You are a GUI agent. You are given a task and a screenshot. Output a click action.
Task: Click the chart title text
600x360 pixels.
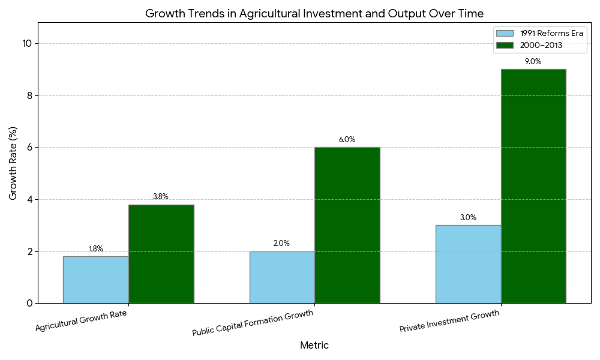tap(314, 13)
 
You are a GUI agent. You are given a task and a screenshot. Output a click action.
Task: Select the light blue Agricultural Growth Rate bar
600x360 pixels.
tap(95, 280)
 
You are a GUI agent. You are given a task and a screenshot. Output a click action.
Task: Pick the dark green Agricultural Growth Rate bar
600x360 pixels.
tap(161, 254)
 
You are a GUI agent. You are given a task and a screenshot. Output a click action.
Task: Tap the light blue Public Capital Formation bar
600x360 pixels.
tap(282, 277)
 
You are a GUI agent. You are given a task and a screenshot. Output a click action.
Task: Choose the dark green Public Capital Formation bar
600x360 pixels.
tap(347, 225)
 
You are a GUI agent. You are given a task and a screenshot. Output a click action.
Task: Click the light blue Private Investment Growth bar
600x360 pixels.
tap(468, 264)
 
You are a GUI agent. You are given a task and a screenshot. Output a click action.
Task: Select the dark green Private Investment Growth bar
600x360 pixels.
tap(533, 186)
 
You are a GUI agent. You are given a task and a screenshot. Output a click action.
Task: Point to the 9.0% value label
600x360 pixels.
tap(533, 62)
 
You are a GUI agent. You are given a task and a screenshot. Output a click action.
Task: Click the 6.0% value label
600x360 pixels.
tap(347, 140)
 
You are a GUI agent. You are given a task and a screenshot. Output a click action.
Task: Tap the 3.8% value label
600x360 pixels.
tap(161, 197)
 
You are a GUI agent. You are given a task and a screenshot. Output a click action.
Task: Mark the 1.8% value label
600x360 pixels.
tap(96, 249)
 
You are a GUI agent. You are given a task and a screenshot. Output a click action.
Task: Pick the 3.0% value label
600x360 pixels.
tap(468, 218)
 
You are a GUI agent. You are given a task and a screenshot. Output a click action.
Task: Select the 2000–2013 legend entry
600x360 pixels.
tap(537, 46)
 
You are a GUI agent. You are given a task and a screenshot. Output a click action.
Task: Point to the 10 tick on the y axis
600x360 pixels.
tap(28, 43)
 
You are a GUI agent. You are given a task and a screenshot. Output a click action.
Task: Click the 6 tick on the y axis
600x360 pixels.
tap(30, 147)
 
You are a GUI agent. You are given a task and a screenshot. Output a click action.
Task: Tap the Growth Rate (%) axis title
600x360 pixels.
tap(13, 163)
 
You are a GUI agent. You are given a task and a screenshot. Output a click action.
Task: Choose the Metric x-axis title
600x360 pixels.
tap(314, 346)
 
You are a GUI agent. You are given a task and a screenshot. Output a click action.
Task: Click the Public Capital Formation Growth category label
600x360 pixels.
tap(253, 323)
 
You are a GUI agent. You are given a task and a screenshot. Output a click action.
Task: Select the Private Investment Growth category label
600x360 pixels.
tap(449, 321)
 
